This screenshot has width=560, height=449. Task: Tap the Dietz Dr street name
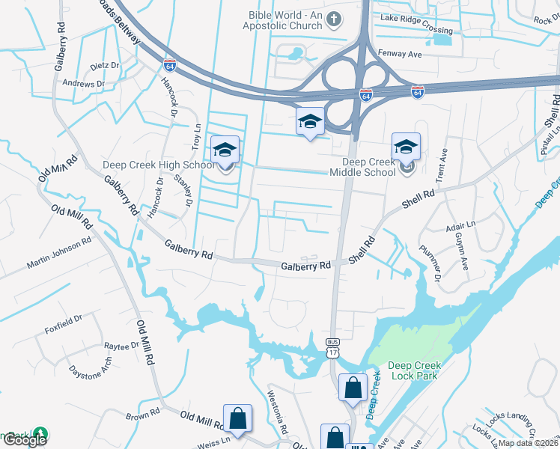105,66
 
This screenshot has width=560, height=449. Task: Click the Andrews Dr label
84,84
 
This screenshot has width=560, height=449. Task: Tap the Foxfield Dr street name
63,329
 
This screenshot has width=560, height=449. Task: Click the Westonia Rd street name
278,412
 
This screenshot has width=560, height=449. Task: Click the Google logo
25,440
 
